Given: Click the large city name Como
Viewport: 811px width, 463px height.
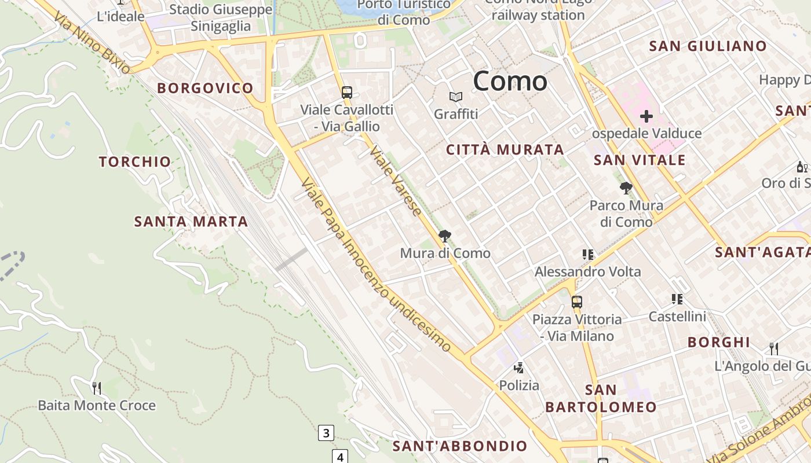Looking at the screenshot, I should [510, 81].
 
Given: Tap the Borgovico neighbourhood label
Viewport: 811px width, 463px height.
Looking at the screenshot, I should [205, 88].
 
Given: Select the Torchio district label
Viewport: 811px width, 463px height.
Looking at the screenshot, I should [135, 161].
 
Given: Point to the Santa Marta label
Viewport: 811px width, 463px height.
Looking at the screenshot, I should [191, 221].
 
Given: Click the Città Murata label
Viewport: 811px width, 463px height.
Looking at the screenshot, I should [505, 149].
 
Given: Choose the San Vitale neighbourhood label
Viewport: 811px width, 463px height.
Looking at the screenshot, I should [640, 160].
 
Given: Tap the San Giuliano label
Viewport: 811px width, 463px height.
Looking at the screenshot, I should [708, 46].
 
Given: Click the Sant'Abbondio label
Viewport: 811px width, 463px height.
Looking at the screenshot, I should [460, 446].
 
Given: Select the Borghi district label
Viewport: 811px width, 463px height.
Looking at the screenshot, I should [719, 342].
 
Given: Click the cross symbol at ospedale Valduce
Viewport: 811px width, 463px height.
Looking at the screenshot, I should [646, 116].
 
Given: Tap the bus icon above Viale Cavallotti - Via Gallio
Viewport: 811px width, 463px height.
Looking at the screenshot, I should [346, 92].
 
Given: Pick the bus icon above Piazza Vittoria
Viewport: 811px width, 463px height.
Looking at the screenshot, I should [576, 302].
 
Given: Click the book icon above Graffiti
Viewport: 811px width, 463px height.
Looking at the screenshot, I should [456, 97].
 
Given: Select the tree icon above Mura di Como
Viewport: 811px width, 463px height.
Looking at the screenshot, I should [445, 236].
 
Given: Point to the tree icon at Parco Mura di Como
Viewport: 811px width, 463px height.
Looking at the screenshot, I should [626, 188].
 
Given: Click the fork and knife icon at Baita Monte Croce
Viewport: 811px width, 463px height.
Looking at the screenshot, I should [97, 387].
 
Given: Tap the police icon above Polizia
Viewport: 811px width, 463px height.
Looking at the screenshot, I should [519, 368].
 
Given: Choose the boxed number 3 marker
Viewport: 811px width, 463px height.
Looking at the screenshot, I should [326, 432].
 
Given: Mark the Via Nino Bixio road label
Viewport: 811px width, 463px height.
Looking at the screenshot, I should [93, 43].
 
